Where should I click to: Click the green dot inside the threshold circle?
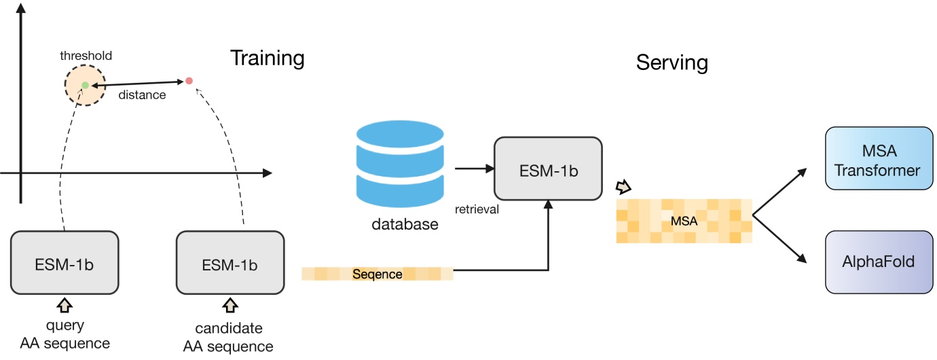point(85,85)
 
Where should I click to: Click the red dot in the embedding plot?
point(189,81)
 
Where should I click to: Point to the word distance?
point(142,95)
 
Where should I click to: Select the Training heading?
point(267,58)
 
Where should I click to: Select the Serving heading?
point(672,63)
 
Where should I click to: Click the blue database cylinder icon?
point(398,163)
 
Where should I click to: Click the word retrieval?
point(477,209)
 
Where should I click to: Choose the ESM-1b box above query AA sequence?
point(65,264)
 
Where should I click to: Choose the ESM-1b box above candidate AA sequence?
point(230,264)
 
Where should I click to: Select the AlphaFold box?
point(877,262)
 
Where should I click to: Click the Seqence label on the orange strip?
point(378,274)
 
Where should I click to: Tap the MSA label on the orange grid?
point(684,221)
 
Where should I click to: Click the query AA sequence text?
point(64,334)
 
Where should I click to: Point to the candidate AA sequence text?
point(228,338)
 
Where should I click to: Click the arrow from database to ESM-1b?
point(473,168)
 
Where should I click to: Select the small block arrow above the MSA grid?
point(623,187)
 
